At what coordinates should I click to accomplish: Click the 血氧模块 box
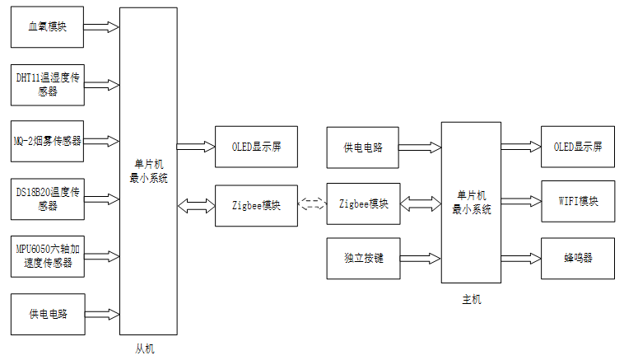(48, 27)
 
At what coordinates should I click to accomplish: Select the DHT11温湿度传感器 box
(48, 84)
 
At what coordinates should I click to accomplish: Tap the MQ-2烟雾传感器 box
(48, 141)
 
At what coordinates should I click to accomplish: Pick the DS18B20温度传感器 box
(48, 199)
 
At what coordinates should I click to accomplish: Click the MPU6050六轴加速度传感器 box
(48, 255)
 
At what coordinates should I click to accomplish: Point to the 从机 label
(144, 348)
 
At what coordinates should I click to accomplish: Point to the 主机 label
(472, 299)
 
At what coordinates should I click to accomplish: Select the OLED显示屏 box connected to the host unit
(577, 147)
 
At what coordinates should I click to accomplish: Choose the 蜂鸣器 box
(577, 257)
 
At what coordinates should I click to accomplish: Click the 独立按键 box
(364, 258)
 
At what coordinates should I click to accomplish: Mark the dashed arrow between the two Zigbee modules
(311, 203)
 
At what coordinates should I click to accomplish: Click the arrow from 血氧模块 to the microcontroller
(101, 27)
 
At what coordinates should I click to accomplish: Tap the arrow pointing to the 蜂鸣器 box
(521, 257)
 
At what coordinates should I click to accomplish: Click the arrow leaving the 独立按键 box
(421, 258)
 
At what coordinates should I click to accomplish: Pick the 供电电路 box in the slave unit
(48, 314)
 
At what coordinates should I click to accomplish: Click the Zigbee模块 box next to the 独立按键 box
(364, 203)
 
